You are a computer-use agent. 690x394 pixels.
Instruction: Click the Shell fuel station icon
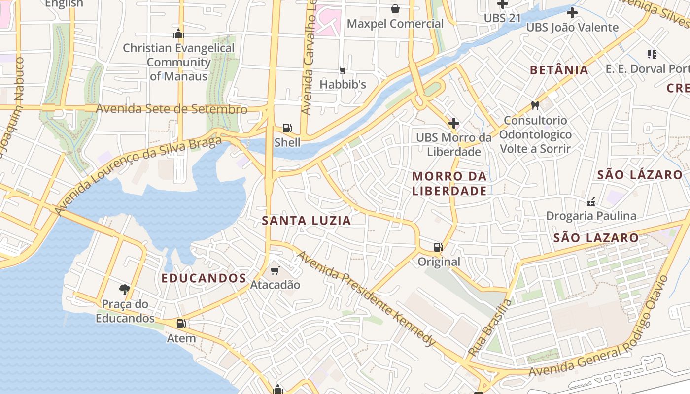(287, 129)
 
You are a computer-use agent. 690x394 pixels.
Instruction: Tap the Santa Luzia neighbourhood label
(307, 221)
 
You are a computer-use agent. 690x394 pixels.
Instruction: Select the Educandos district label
(204, 278)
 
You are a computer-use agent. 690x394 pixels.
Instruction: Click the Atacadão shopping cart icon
(275, 270)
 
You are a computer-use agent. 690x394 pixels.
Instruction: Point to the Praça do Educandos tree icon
(125, 290)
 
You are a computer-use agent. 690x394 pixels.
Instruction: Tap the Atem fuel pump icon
(181, 324)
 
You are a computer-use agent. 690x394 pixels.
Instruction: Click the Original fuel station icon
(438, 247)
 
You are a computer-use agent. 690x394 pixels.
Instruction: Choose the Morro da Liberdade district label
(449, 183)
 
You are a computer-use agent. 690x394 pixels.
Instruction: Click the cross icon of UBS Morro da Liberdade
(454, 123)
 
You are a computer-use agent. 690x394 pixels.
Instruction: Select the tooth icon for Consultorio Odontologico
(535, 105)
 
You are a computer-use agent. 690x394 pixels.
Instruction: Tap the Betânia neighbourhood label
(559, 70)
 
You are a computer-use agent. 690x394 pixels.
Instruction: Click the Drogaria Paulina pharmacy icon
(590, 201)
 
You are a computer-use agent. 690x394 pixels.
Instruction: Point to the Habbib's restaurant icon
(343, 70)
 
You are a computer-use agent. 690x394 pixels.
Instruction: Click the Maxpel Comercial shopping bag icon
(395, 9)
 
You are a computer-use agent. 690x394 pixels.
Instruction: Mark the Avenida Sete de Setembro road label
(172, 109)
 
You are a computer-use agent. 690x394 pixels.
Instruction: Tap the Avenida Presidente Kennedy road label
(367, 298)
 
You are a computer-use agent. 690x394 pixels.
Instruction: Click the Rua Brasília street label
(490, 327)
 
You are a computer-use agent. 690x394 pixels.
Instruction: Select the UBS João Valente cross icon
(572, 13)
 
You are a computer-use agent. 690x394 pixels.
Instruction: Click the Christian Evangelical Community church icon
(178, 33)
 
